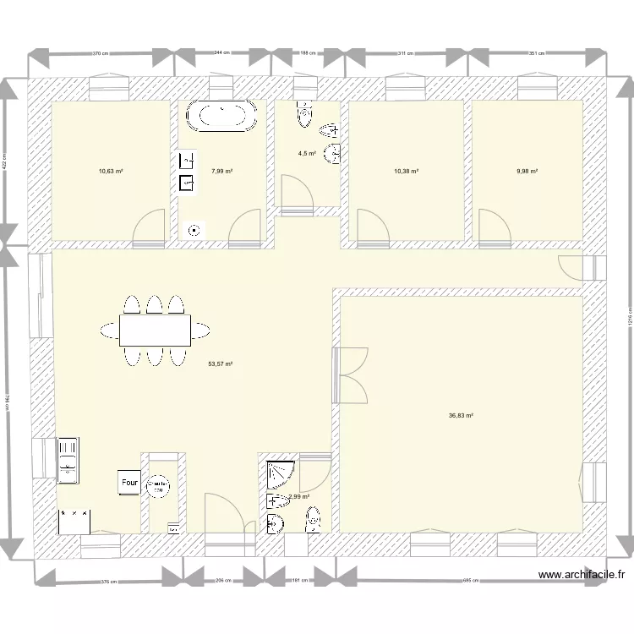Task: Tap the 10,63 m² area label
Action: (x=111, y=171)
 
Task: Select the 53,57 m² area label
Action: (x=220, y=364)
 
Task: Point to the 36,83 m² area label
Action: (x=461, y=415)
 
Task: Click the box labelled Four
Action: (x=129, y=483)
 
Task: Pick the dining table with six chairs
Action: (x=154, y=330)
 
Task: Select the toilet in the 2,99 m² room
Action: (x=313, y=517)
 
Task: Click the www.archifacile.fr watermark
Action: (x=582, y=574)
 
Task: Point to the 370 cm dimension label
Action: (x=101, y=52)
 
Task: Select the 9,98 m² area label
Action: (x=527, y=171)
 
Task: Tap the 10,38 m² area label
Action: (x=406, y=171)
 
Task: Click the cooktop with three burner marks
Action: (x=73, y=520)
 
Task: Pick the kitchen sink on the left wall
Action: (x=68, y=462)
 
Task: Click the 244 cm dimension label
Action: (x=222, y=52)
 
